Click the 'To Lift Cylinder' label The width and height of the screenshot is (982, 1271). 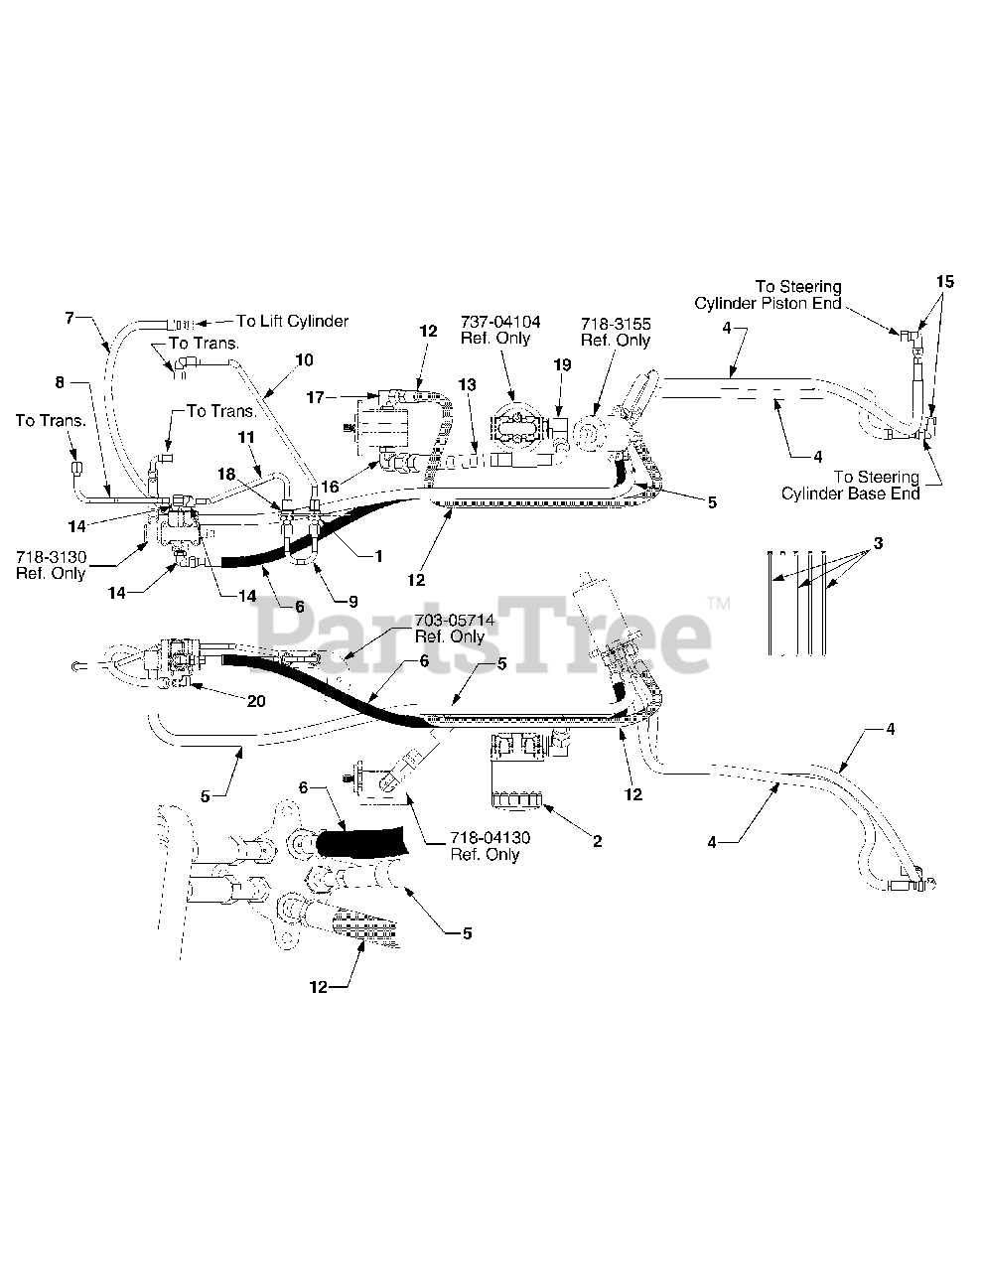292,321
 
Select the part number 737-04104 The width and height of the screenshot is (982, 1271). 500,322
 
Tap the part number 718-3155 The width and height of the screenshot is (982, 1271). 616,324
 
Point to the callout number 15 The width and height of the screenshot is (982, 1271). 944,283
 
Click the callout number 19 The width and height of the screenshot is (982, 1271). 562,365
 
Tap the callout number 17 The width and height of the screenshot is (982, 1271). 317,398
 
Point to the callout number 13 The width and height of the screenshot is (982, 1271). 468,383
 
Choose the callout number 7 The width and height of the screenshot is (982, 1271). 70,318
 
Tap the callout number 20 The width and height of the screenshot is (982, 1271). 257,699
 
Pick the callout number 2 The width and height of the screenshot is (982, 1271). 597,842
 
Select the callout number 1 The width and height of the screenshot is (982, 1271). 377,556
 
